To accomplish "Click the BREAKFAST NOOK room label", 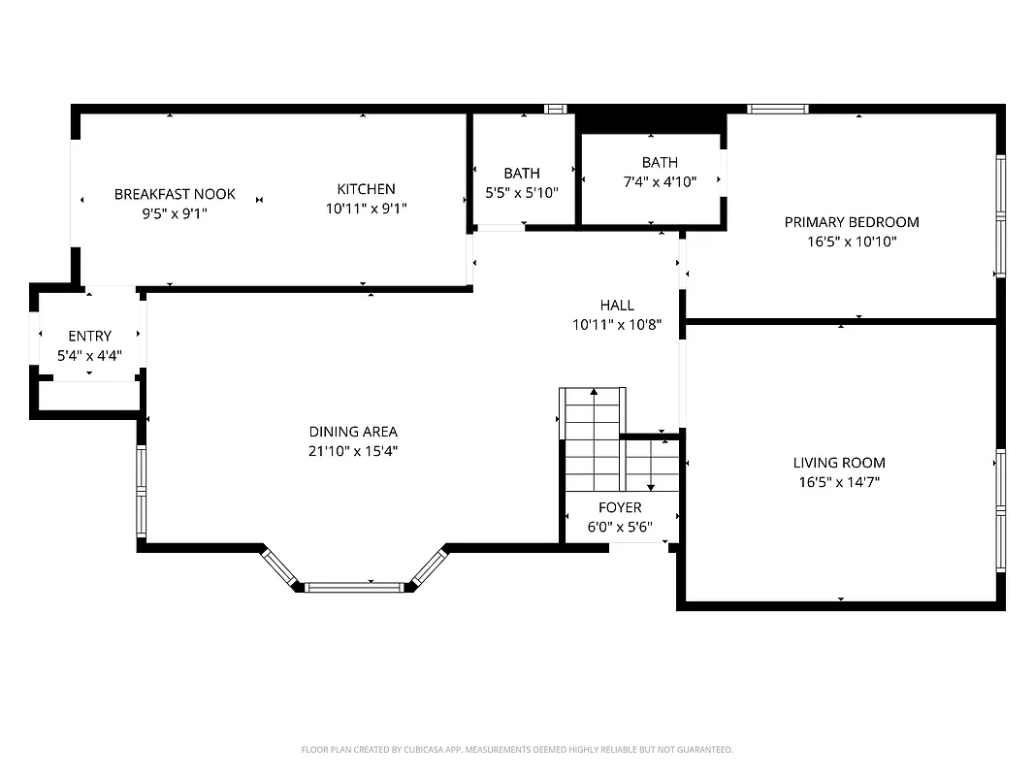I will click(x=175, y=194).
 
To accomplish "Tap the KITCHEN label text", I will click(x=366, y=189).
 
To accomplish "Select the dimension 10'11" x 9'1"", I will click(x=366, y=209).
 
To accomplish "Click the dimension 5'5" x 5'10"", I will click(x=522, y=193).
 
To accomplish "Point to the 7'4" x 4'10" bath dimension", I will click(x=660, y=181).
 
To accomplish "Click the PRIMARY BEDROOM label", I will click(x=852, y=222).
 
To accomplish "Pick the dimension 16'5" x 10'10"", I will click(x=852, y=242).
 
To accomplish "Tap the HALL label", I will click(x=617, y=306).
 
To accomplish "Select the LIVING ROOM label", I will click(x=839, y=463).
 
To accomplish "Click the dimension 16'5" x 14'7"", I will click(x=839, y=482).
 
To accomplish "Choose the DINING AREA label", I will click(x=353, y=432).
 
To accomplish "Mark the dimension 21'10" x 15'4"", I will click(x=353, y=451).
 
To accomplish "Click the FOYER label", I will click(x=620, y=508).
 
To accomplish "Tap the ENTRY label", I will click(x=89, y=337).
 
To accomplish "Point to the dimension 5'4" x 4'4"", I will click(x=89, y=356).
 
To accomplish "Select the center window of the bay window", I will click(x=354, y=587).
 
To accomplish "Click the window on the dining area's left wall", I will click(x=141, y=493).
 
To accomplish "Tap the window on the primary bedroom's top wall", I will click(x=778, y=109).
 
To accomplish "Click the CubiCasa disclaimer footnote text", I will click(x=517, y=750).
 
